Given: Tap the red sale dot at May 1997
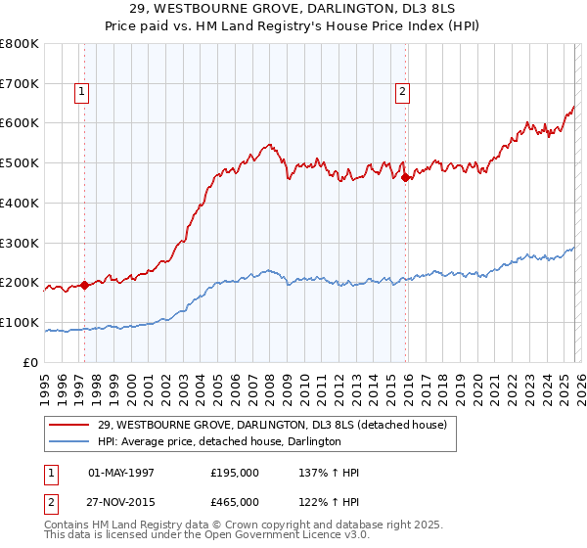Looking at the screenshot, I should [x=84, y=285].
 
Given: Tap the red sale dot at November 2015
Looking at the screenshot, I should [x=406, y=177].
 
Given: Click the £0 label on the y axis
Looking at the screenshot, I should [x=31, y=362].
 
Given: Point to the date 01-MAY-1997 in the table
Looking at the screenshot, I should [x=121, y=473].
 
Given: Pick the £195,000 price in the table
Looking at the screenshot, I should [x=235, y=473].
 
